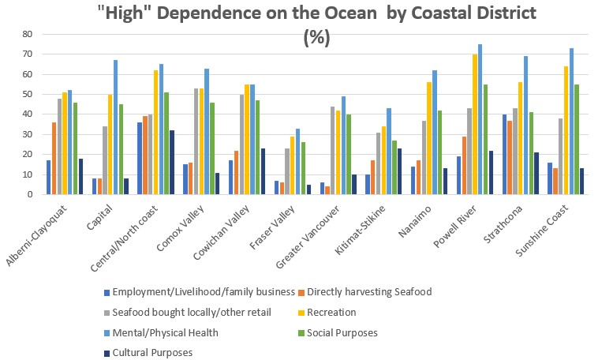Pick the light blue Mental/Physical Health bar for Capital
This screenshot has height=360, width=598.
(x=114, y=127)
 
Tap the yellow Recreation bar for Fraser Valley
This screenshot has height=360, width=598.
(x=292, y=165)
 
